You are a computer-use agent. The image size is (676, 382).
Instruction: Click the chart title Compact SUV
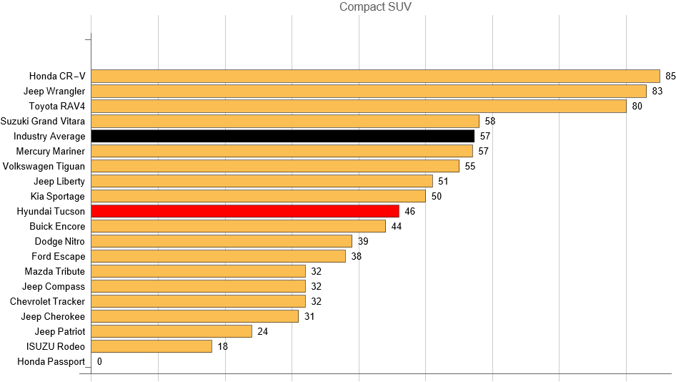tap(375, 7)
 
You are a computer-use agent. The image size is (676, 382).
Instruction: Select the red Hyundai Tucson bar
tap(245, 211)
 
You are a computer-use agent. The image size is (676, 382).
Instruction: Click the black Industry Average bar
tap(282, 136)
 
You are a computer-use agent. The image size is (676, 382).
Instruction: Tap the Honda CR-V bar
tap(375, 76)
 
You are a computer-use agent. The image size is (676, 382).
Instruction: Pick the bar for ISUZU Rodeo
tap(151, 346)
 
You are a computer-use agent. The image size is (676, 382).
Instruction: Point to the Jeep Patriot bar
tap(172, 331)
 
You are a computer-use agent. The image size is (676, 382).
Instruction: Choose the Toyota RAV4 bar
tap(359, 106)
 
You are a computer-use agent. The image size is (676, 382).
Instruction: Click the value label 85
tap(670, 76)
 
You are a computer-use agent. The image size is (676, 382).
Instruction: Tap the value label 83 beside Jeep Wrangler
tap(657, 91)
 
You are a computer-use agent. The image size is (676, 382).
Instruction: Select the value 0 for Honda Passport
tap(99, 361)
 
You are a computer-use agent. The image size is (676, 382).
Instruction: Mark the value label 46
tap(409, 211)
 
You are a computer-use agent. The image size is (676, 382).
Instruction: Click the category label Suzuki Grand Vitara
tap(43, 121)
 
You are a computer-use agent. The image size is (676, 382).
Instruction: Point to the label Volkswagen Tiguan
tap(44, 166)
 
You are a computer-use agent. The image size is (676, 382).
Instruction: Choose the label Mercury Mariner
tap(50, 151)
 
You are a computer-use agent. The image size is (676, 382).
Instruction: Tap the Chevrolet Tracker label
tap(47, 301)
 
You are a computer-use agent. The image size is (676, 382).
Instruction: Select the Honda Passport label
tap(51, 361)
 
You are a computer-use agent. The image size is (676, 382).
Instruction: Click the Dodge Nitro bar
tap(222, 241)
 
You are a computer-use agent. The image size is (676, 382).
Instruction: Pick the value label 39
tap(363, 241)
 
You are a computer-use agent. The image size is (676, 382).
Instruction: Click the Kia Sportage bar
tap(258, 196)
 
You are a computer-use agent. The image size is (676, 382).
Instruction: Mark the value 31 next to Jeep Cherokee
tap(309, 316)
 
